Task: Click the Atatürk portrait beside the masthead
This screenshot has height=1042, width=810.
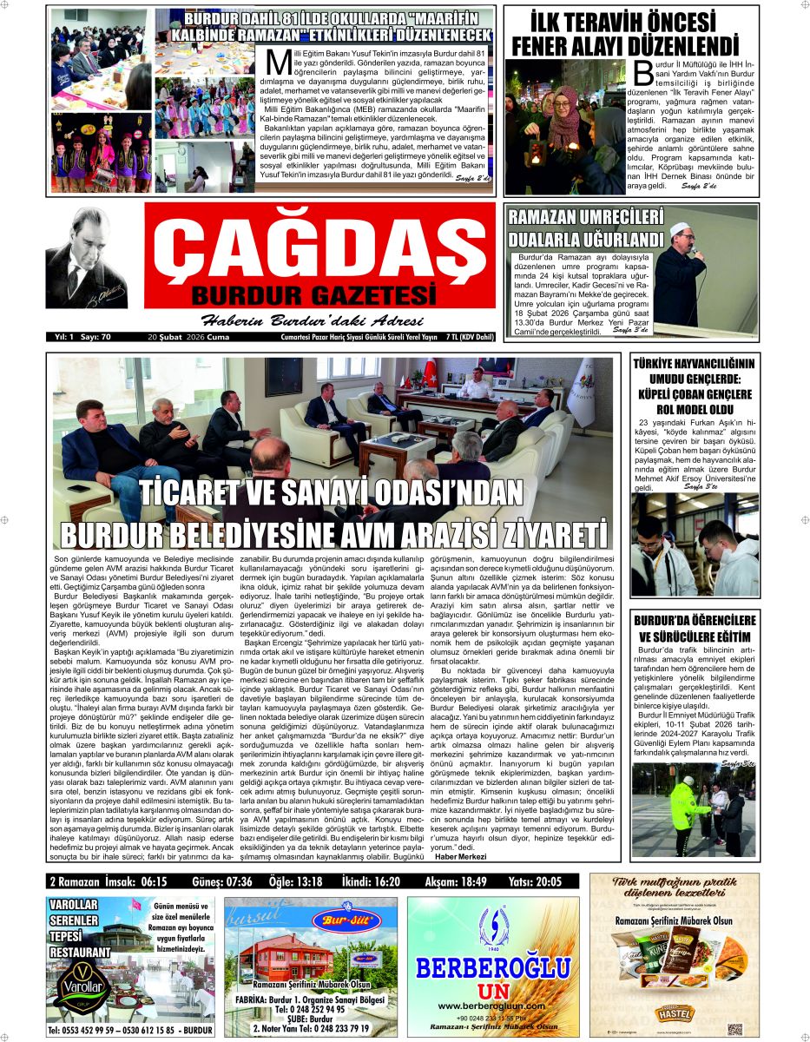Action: [87, 258]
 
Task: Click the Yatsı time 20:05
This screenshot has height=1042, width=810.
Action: [543, 882]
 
